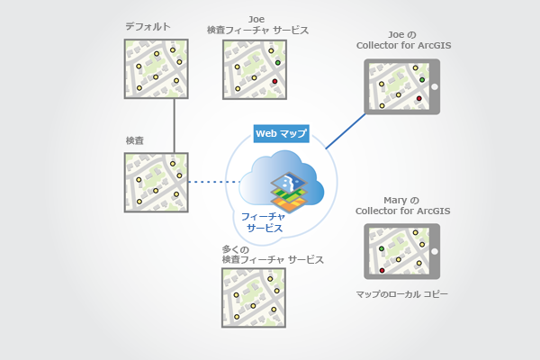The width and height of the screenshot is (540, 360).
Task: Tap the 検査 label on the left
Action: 135,142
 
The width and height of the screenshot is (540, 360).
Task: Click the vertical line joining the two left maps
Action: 173,125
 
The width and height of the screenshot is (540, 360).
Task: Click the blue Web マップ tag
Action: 281,133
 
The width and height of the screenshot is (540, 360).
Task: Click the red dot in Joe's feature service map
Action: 274,82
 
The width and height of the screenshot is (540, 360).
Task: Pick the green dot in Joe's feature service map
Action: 278,62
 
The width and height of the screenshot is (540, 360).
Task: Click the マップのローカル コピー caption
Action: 402,294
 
